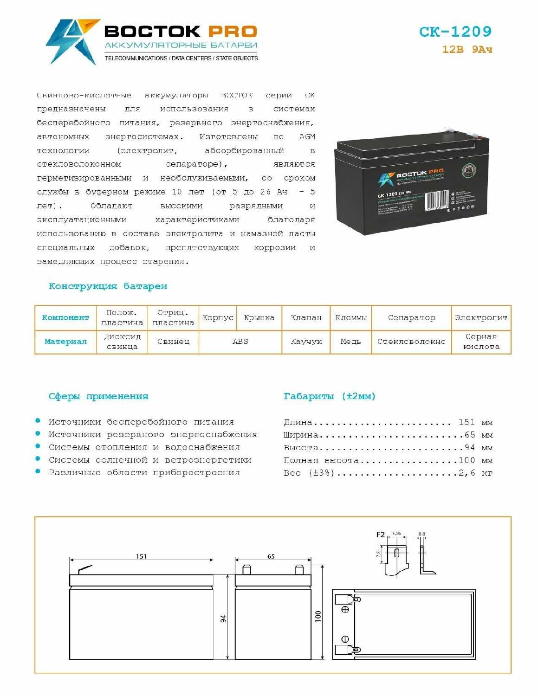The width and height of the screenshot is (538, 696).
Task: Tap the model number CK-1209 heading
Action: pos(455,32)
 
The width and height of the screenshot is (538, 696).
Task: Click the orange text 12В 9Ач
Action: pos(467,49)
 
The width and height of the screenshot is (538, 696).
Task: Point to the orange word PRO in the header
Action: pos(232,32)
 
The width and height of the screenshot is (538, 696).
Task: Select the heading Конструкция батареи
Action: pos(108,286)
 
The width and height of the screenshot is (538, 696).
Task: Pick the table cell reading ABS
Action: pos(240,342)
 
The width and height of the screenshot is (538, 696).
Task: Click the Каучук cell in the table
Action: pos(306,342)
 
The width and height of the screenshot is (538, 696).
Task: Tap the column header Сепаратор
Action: pos(411,318)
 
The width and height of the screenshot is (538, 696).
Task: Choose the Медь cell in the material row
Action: pos(350,342)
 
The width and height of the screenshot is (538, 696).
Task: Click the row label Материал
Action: pos(65,342)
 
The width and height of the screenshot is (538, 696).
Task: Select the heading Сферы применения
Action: pos(98,396)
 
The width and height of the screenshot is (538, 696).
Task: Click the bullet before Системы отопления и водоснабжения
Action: pos(38,446)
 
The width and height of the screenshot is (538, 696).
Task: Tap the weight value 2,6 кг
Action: pos(475,473)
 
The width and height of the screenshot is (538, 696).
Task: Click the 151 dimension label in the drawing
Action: pos(141,556)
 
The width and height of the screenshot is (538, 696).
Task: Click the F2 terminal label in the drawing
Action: pos(380,535)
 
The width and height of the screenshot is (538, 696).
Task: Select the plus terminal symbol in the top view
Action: pos(345,609)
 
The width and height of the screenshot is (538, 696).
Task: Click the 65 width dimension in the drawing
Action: pos(271,556)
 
